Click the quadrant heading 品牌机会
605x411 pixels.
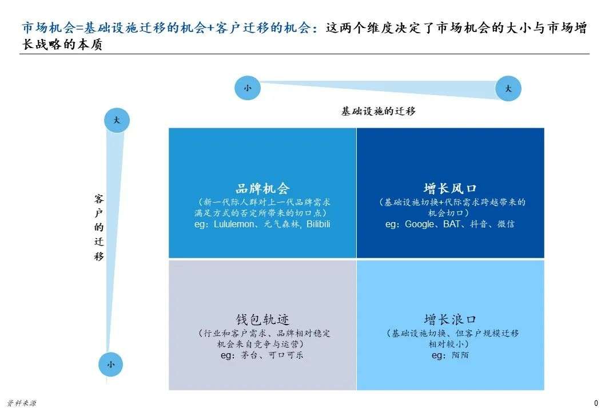(262, 188)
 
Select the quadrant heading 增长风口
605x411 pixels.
(450, 188)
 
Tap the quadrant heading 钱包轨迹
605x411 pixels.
(262, 319)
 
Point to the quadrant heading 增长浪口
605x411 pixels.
(450, 319)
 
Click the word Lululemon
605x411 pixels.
(234, 224)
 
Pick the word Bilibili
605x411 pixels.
(319, 224)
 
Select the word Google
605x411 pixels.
(419, 224)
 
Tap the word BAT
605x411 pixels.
(451, 224)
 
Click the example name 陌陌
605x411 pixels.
(460, 355)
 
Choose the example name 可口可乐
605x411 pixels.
(286, 355)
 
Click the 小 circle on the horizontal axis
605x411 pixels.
(248, 88)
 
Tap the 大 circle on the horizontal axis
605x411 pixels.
(508, 89)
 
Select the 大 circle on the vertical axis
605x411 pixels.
(117, 120)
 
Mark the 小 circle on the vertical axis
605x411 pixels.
(111, 364)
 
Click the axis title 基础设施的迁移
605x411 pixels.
(378, 111)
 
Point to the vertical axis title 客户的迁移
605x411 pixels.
(99, 227)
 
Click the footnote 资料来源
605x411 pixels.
(21, 404)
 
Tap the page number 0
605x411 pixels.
(596, 403)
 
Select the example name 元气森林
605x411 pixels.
(282, 224)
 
